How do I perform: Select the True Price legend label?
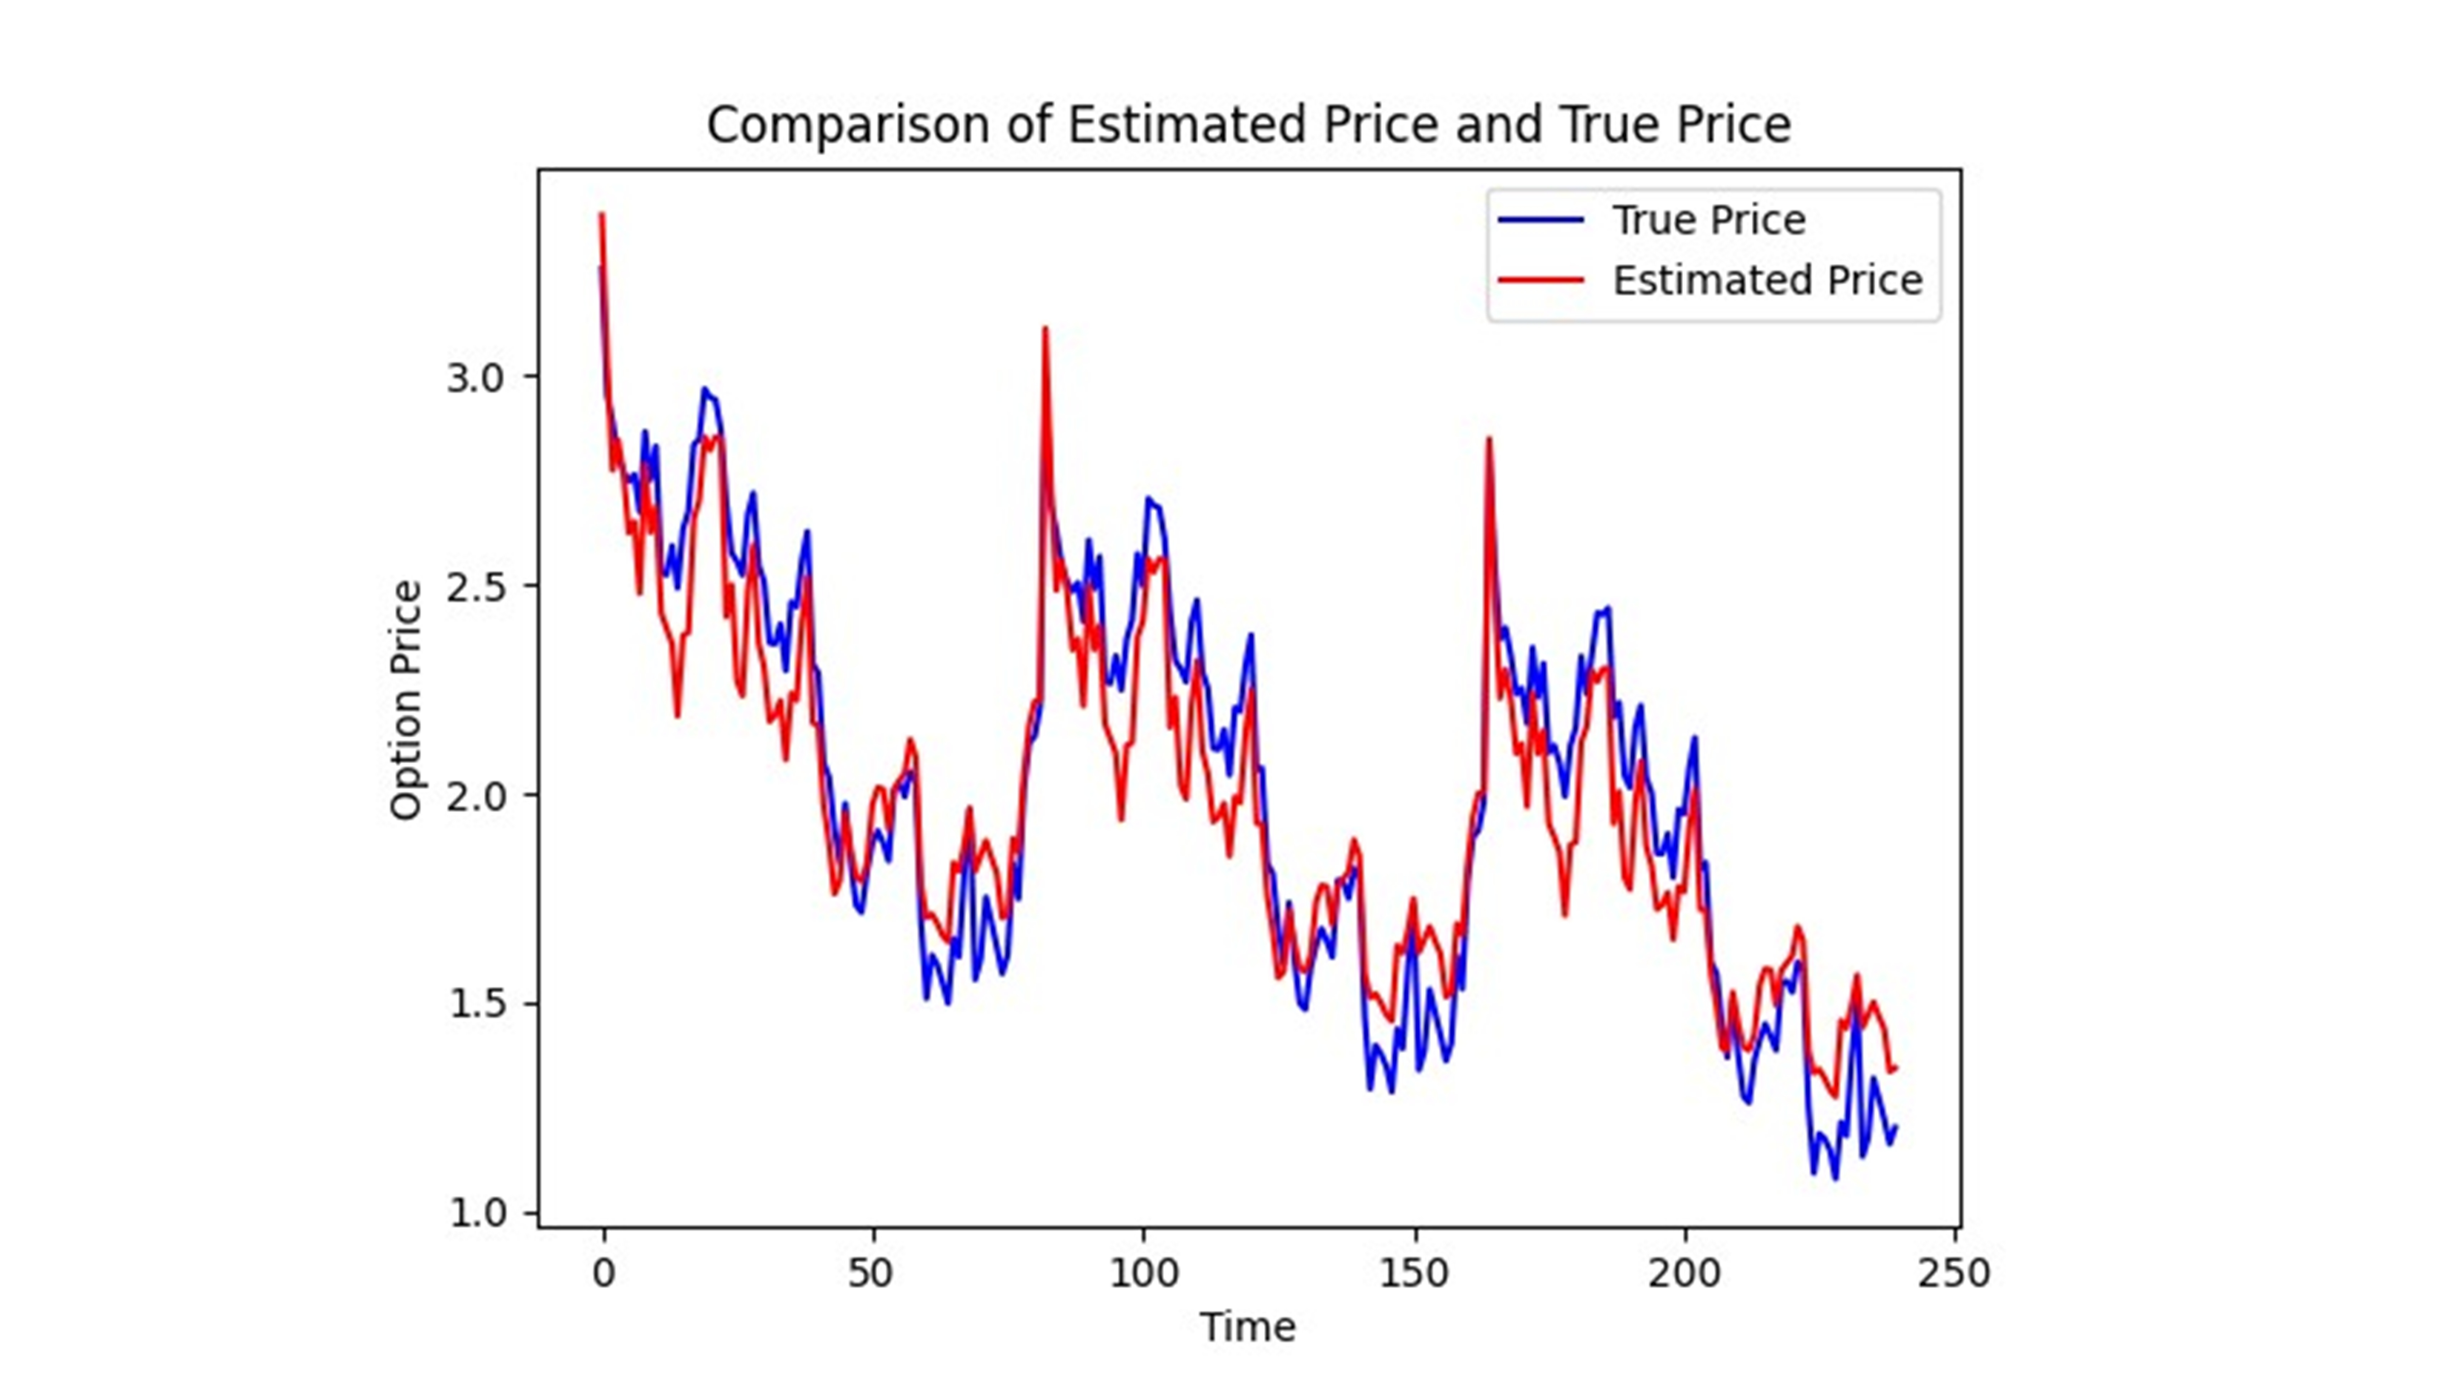[x=1709, y=221]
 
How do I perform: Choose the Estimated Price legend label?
[x=1767, y=280]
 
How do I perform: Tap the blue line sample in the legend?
[x=1541, y=221]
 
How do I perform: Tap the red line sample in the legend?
[x=1541, y=280]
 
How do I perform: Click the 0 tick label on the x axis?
[x=603, y=1273]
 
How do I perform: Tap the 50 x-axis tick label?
[x=870, y=1273]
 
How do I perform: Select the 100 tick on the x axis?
[x=1143, y=1273]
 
